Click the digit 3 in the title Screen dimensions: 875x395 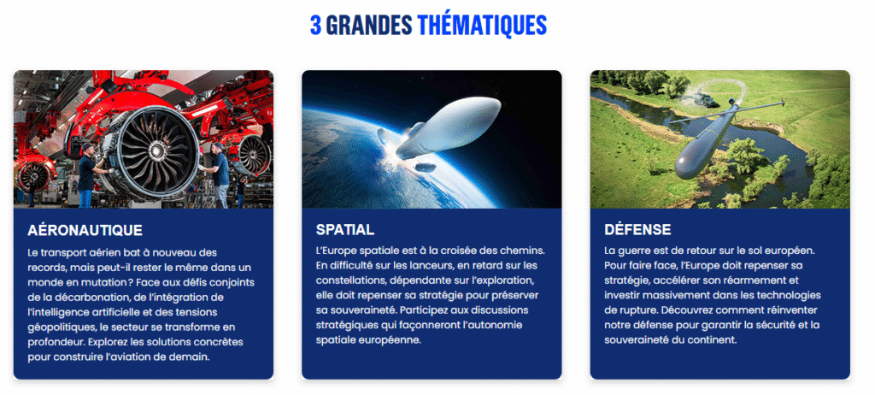[315, 24]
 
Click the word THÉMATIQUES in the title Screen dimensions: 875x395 [482, 25]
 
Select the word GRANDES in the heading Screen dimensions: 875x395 [369, 25]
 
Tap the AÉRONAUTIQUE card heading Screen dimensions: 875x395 [85, 230]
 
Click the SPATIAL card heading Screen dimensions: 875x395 [345, 230]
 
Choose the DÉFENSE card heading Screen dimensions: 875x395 [637, 230]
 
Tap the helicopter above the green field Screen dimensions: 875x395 [704, 100]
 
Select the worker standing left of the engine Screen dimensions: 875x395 [89, 175]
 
